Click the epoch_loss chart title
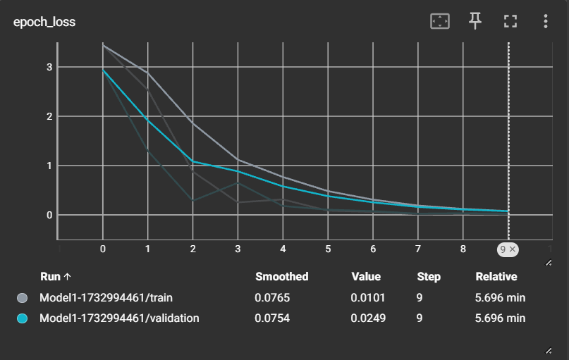(x=44, y=22)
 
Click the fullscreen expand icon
(x=510, y=22)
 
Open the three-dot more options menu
(x=545, y=22)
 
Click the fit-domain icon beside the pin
(x=440, y=22)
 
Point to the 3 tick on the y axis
(x=49, y=67)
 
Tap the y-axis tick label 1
(x=49, y=166)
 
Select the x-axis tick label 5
(x=328, y=249)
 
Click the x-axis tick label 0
(x=103, y=249)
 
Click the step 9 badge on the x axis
(x=508, y=249)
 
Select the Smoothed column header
(x=281, y=277)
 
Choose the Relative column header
(x=496, y=277)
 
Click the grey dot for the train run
(x=22, y=298)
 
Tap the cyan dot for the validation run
(x=22, y=318)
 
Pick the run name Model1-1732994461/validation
(x=119, y=318)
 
